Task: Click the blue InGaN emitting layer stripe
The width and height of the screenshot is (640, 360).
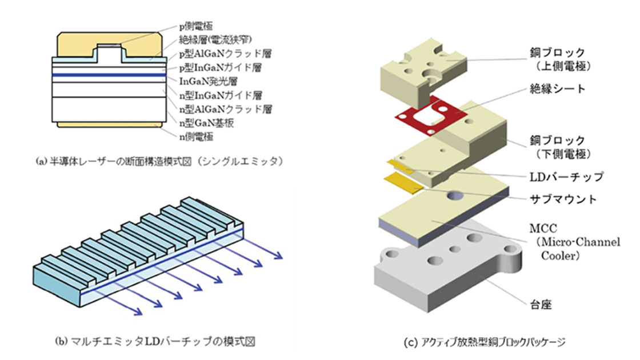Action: point(109,75)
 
